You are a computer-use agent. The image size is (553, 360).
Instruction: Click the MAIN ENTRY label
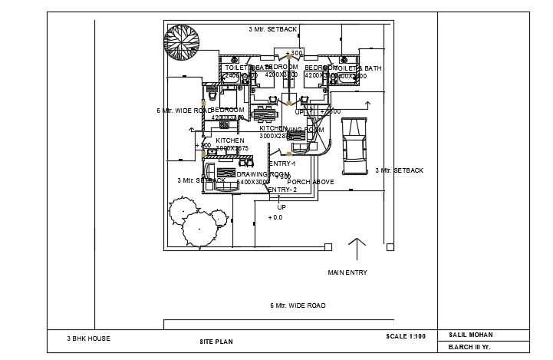click(347, 272)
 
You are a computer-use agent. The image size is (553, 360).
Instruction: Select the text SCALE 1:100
click(406, 337)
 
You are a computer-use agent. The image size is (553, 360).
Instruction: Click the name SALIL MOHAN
click(470, 335)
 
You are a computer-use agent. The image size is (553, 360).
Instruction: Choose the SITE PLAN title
click(216, 341)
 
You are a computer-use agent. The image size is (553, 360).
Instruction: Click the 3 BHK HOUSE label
click(88, 338)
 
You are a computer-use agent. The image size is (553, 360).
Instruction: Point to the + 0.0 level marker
click(275, 218)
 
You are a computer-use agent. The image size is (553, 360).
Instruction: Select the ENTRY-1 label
click(281, 163)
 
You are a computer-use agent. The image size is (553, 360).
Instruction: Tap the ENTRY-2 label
click(281, 189)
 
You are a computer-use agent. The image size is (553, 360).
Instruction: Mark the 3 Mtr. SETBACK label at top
click(272, 29)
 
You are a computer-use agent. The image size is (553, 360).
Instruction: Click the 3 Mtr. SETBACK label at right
click(399, 170)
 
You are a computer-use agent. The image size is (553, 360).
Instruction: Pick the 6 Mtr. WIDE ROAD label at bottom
click(298, 306)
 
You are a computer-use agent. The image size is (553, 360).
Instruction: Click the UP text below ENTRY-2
click(281, 207)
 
